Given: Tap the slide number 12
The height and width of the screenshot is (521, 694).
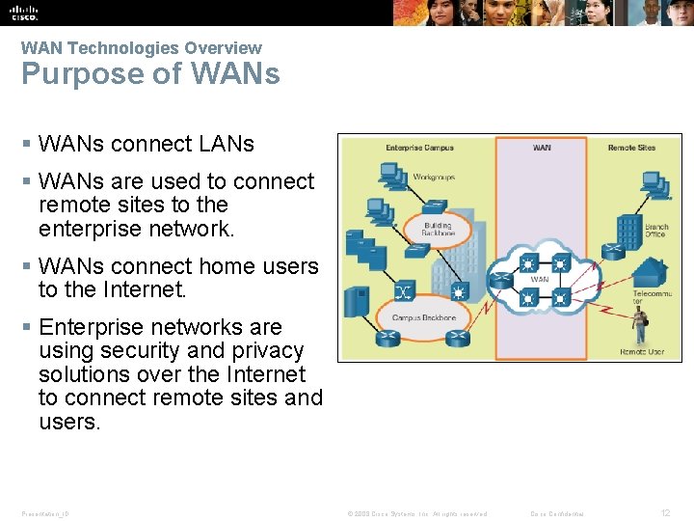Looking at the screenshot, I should [x=664, y=513].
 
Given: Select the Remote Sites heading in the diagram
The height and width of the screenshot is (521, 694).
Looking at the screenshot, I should [x=630, y=148].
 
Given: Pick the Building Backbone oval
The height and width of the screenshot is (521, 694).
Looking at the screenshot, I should [x=437, y=230].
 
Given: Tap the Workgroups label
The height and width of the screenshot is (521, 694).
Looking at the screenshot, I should [x=435, y=177].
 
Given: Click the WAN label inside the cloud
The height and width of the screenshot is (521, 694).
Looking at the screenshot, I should [x=540, y=280].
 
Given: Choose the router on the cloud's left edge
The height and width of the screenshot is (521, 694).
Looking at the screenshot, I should [x=498, y=281].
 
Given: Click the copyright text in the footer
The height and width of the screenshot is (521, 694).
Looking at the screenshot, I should [x=415, y=513].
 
